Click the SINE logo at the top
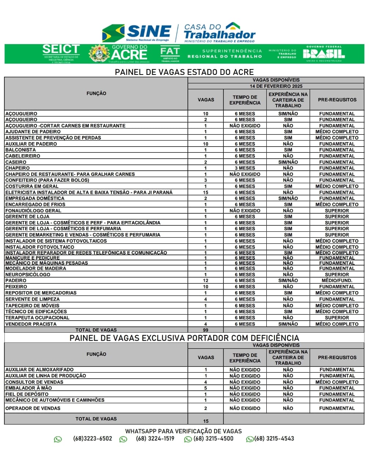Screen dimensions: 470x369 (137, 33)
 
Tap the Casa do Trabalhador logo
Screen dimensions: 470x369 (219, 33)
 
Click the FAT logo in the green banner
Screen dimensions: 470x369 (170, 54)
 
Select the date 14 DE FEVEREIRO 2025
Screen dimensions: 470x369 (276, 86)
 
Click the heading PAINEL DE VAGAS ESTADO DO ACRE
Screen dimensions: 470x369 (184, 72)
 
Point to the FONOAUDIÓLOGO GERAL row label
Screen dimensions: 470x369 (33, 211)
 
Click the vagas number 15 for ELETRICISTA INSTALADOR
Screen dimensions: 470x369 (205, 192)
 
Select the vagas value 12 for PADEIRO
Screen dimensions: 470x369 (205, 281)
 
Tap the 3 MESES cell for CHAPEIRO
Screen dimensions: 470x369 (245, 168)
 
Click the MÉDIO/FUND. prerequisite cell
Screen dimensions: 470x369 (337, 281)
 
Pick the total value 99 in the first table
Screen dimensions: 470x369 (205, 330)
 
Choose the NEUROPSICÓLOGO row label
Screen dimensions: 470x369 (28, 275)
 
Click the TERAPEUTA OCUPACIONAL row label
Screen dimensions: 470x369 (37, 318)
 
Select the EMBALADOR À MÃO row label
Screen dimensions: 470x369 (29, 388)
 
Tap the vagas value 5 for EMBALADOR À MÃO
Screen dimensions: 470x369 (205, 388)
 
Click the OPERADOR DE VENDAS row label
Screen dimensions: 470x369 (33, 408)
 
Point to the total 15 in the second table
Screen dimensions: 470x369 (205, 421)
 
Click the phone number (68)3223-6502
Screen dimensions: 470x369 (92, 439)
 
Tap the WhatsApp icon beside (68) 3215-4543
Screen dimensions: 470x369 (250, 439)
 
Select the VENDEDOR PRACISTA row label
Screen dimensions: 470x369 (31, 324)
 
